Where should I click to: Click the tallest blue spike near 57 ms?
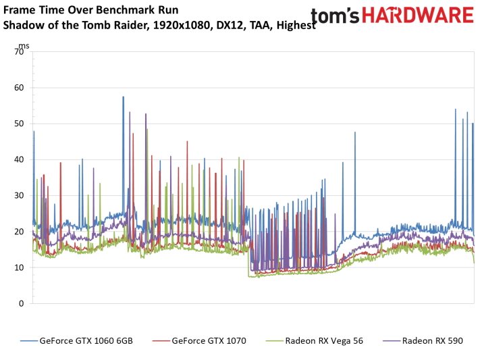tap(123, 98)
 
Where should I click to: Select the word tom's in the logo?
tap(338, 16)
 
